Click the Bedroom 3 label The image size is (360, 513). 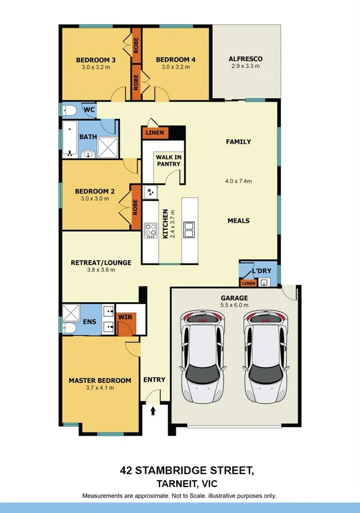(95, 60)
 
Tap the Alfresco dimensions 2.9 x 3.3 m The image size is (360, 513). (246, 66)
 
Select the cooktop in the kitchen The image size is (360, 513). (151, 230)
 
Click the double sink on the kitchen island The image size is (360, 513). (190, 229)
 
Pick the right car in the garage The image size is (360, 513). (265, 357)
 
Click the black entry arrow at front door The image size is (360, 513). (153, 411)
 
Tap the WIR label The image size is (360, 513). (125, 317)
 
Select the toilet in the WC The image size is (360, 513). (69, 110)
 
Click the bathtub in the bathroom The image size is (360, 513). (70, 139)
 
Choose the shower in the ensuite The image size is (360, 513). (71, 313)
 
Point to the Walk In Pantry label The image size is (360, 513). (169, 161)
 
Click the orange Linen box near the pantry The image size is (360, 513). (155, 133)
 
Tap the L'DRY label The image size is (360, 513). (262, 271)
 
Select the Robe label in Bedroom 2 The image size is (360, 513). (135, 207)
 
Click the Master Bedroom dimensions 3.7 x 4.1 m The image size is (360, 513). (100, 388)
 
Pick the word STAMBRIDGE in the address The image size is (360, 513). (171, 470)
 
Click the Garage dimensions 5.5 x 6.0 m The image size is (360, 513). (235, 305)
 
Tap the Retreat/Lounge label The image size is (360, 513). (101, 263)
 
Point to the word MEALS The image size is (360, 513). (239, 221)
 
